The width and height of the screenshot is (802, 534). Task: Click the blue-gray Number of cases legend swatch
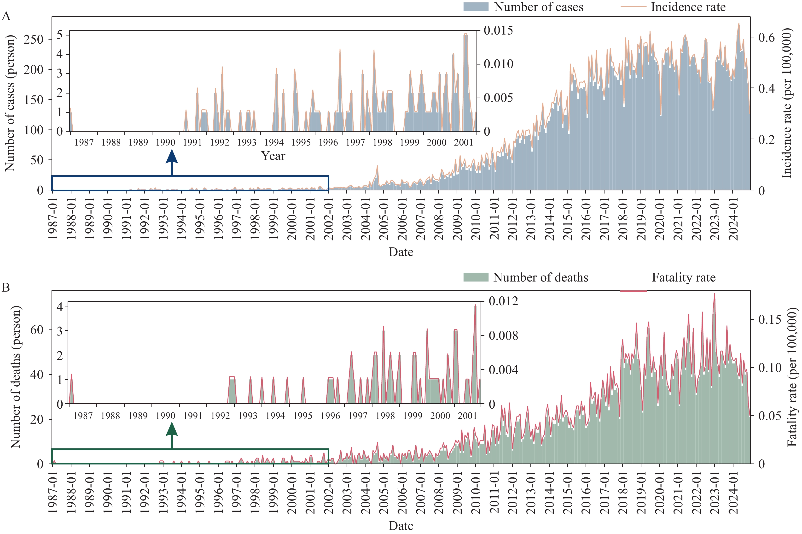476,7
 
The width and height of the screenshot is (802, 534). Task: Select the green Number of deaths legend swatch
476,277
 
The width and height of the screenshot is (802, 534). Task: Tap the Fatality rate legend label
684,277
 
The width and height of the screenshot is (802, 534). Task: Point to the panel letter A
6,16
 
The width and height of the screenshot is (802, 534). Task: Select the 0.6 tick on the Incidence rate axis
767,37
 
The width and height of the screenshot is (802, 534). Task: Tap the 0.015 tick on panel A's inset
498,30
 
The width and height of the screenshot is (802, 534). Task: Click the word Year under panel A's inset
273,156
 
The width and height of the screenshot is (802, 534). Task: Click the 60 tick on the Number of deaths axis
37,330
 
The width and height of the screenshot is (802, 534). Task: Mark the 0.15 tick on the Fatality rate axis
770,319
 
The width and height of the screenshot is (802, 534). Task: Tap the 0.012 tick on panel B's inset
503,301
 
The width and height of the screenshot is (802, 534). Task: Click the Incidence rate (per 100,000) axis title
786,103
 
